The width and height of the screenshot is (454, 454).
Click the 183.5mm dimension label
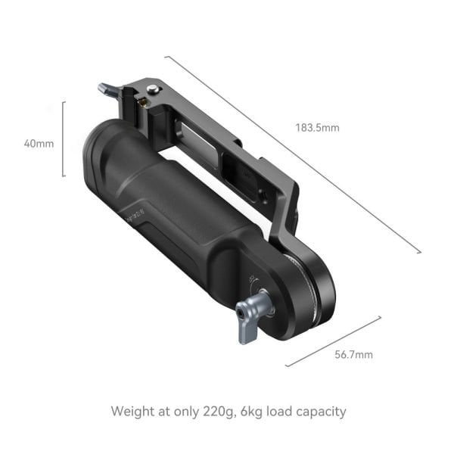[x=317, y=128]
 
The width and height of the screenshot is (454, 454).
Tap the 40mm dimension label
[x=39, y=143]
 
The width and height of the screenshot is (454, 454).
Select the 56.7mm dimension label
[x=354, y=354]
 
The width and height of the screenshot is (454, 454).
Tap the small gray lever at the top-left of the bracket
[x=109, y=91]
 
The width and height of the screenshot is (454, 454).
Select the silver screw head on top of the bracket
[x=153, y=89]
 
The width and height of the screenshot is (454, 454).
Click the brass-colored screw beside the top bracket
[x=141, y=101]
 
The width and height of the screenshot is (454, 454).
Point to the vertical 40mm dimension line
[x=64, y=138]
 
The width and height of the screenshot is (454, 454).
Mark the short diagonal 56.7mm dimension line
[x=333, y=341]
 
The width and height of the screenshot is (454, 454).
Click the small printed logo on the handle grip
[x=134, y=216]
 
